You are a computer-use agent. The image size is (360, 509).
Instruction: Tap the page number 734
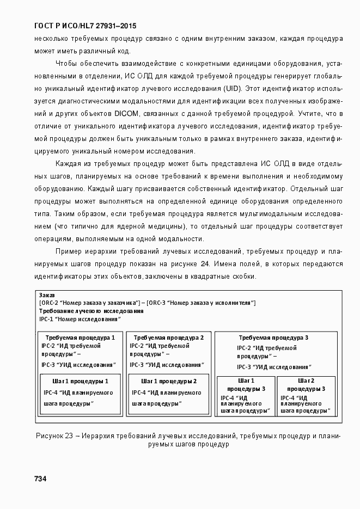(x=40, y=479)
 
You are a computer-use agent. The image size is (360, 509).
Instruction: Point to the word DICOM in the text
(x=127, y=113)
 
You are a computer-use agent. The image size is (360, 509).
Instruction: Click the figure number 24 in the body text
(x=205, y=264)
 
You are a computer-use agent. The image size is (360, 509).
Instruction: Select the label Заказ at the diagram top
(x=47, y=295)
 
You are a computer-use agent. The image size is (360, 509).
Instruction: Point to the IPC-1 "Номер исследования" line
(x=78, y=319)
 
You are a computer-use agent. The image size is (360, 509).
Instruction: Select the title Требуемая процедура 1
(x=80, y=338)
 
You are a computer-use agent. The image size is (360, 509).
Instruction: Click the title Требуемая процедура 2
(x=168, y=338)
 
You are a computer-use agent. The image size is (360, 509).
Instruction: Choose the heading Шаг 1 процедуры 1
(x=80, y=381)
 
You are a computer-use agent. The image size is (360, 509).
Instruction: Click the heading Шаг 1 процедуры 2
(x=168, y=381)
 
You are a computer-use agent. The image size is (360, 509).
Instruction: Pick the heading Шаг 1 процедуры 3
(x=246, y=384)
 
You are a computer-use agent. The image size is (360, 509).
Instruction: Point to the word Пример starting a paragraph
(x=69, y=251)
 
